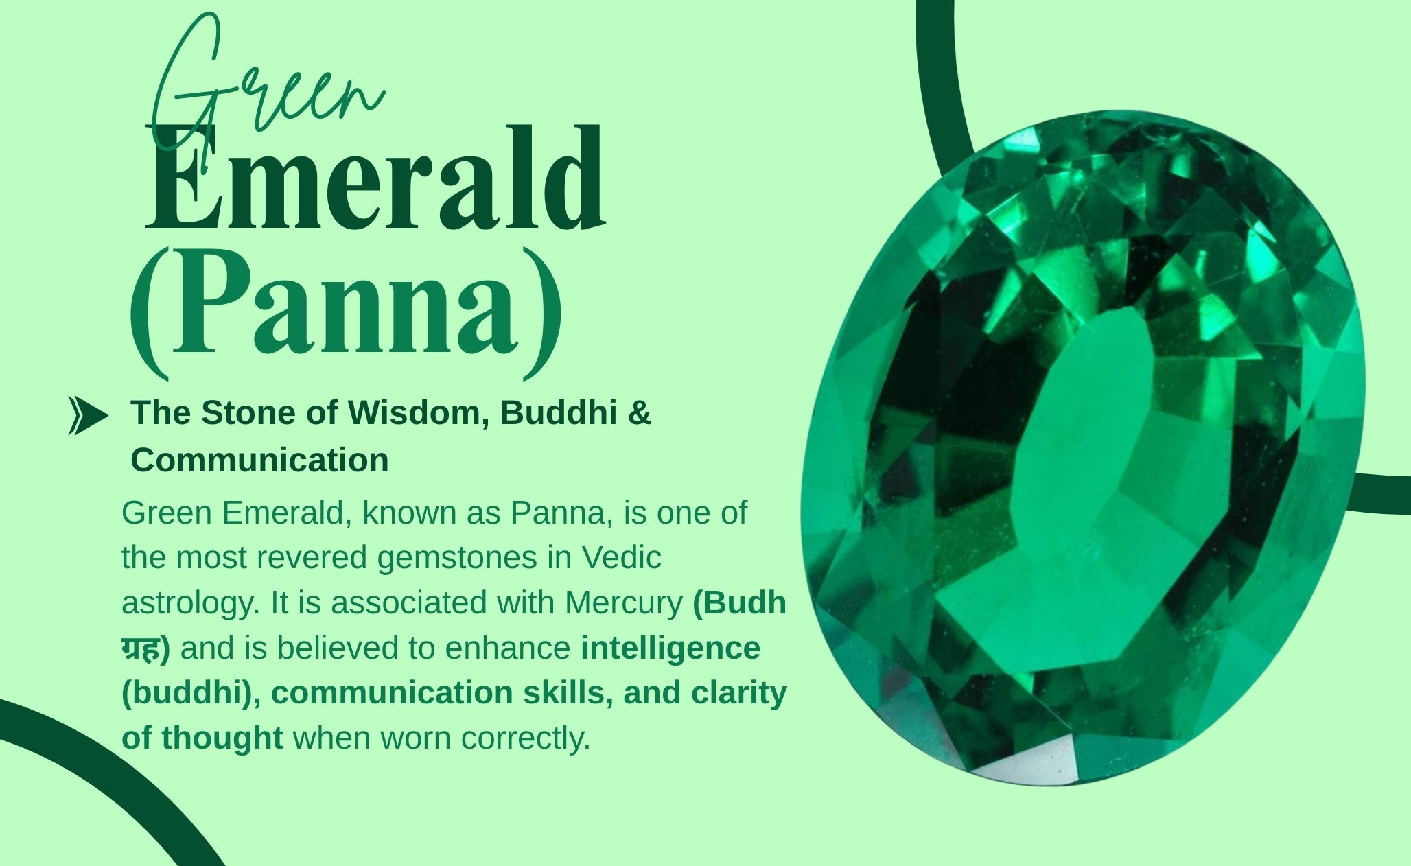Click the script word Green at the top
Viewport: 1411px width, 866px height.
[268, 86]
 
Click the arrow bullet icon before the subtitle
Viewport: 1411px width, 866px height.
[88, 416]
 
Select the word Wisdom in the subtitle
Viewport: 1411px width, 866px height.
[418, 412]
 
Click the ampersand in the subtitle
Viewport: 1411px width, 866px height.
[639, 412]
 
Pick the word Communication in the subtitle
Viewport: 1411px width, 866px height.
[259, 460]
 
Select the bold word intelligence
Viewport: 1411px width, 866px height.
[670, 648]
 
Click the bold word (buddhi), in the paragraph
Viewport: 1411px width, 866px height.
[191, 694]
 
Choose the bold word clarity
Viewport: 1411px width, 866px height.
[739, 693]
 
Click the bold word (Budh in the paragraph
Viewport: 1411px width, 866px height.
[739, 603]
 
